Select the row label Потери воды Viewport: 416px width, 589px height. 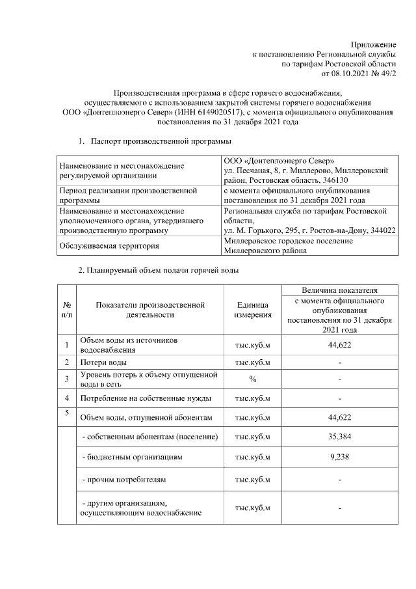(103, 362)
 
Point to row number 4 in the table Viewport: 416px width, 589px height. (66, 398)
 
